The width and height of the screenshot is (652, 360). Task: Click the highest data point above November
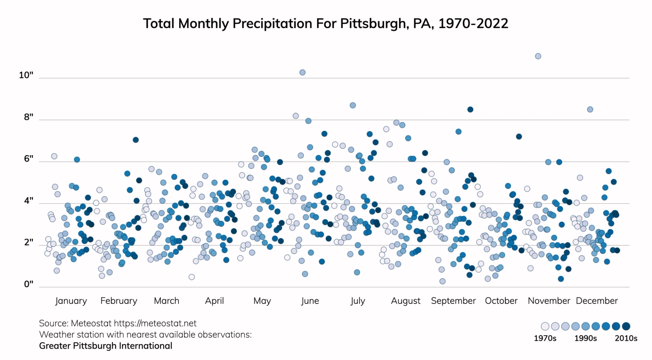[x=538, y=56]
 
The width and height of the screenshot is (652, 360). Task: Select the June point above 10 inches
[x=302, y=72]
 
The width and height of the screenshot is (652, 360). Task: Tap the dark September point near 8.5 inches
[x=470, y=109]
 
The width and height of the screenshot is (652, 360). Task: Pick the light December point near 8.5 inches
[x=590, y=109]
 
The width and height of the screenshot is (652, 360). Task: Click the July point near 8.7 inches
[x=353, y=105]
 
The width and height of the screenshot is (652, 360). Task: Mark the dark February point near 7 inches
[x=136, y=140]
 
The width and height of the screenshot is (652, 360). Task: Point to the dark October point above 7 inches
[x=519, y=137]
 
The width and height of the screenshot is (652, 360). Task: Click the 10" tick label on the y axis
[x=26, y=75]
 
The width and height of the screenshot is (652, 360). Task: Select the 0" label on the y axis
[x=29, y=284]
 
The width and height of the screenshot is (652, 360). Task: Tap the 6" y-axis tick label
[x=29, y=159]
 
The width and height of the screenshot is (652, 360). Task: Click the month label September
[x=453, y=301]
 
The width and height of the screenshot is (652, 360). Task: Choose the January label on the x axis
[x=71, y=301]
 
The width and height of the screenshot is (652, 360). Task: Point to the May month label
[x=262, y=301]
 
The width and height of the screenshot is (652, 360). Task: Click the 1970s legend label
[x=545, y=338]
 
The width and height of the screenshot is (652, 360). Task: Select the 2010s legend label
[x=626, y=338]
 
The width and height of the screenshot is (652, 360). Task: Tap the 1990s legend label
[x=585, y=338]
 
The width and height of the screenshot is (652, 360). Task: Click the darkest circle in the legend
[x=626, y=326]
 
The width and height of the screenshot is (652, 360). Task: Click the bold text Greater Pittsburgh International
[x=106, y=346]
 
